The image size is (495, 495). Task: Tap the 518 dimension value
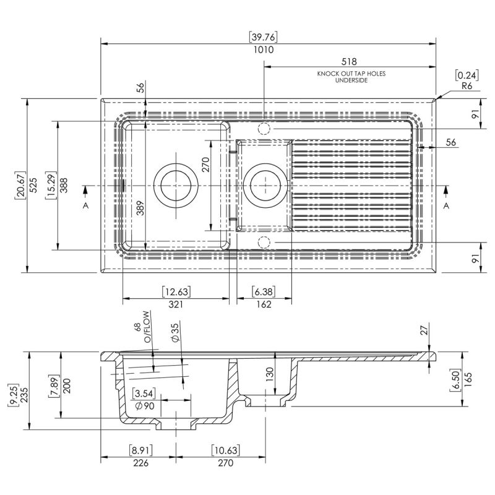click(351, 62)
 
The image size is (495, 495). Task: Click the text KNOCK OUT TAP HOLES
click(351, 74)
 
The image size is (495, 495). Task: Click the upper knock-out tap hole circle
click(264, 129)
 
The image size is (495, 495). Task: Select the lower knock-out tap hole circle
click(264, 241)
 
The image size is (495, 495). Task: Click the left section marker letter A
click(85, 205)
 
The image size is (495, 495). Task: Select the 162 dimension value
click(264, 304)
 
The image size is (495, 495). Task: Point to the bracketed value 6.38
click(264, 291)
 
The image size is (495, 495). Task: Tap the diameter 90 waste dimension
click(144, 406)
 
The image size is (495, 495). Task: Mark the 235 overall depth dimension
click(22, 395)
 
